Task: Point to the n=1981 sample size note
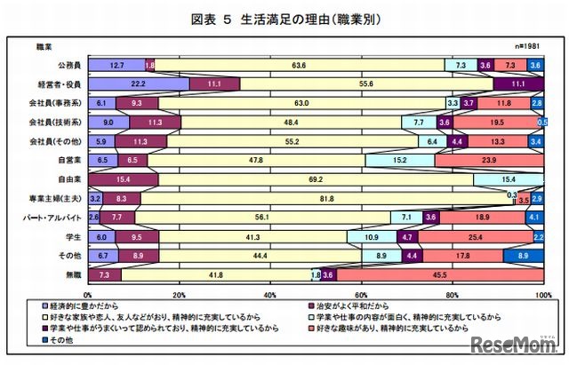[x=525, y=45]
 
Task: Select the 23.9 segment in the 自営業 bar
[x=488, y=161]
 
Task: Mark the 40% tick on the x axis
[x=269, y=293]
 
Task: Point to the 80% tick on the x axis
[x=452, y=293]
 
